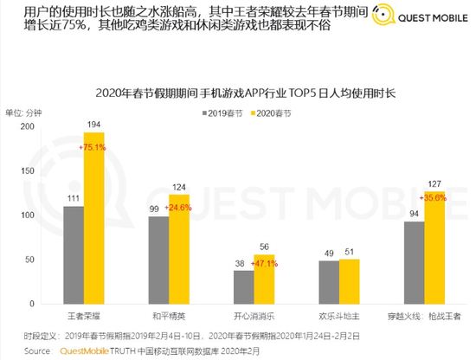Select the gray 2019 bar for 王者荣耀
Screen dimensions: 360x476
click(x=74, y=251)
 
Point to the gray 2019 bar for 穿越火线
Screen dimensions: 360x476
click(x=413, y=260)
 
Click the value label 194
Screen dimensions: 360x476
click(x=93, y=125)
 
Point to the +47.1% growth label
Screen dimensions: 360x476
click(x=264, y=262)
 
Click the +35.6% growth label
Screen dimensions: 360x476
click(x=434, y=198)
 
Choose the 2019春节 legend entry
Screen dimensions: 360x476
click(x=222, y=113)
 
